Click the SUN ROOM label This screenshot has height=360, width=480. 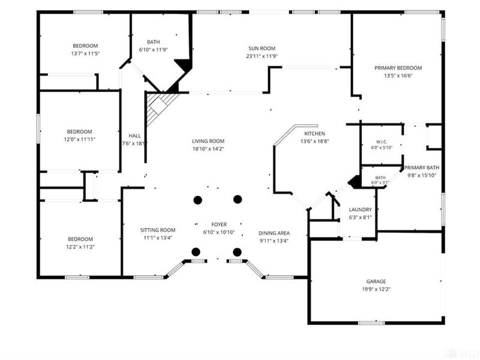[x=262, y=49]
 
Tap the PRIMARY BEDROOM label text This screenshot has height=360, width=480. [x=398, y=68]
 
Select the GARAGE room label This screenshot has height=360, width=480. [x=376, y=281]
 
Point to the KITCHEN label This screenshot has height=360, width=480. [x=314, y=133]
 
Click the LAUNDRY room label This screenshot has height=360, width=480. [x=360, y=209]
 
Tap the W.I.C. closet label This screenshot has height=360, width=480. [x=382, y=142]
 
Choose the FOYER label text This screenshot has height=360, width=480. [x=219, y=224]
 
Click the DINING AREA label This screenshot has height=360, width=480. [x=274, y=233]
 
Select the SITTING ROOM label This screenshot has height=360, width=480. [x=158, y=230]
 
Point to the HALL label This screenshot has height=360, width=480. [x=134, y=136]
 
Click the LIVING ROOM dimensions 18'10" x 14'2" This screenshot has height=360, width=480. [x=208, y=149]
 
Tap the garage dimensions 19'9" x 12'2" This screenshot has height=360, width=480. [x=376, y=289]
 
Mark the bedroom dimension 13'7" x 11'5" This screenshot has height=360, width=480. [x=85, y=53]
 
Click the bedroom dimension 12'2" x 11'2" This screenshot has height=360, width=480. [x=80, y=247]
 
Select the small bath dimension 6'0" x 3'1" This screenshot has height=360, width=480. [x=380, y=183]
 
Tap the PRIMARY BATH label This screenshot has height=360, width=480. [x=422, y=167]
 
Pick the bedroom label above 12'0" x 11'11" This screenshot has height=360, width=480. [x=79, y=131]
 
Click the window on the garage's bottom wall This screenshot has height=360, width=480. [x=371, y=323]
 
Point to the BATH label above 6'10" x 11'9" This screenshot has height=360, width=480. [x=153, y=42]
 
